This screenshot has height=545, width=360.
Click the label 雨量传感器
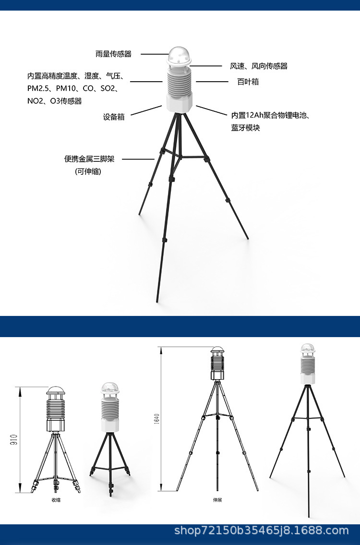[113, 54]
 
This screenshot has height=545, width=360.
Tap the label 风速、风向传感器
[259, 66]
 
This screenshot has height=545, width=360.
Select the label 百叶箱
[248, 82]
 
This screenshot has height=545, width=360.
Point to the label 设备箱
[114, 117]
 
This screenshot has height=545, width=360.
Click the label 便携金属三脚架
[89, 159]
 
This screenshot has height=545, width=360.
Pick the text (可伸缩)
[88, 171]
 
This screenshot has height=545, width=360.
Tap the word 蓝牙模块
[245, 128]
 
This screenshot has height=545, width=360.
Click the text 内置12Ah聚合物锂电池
[272, 116]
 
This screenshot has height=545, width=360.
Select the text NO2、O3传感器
[54, 101]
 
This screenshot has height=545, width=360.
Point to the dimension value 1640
[156, 418]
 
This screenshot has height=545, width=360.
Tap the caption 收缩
[56, 500]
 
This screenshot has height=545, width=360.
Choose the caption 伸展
[217, 500]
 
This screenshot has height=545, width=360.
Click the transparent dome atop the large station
[180, 54]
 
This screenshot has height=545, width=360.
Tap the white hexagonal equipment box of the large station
[180, 102]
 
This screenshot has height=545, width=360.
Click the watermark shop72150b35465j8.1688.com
[261, 530]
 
